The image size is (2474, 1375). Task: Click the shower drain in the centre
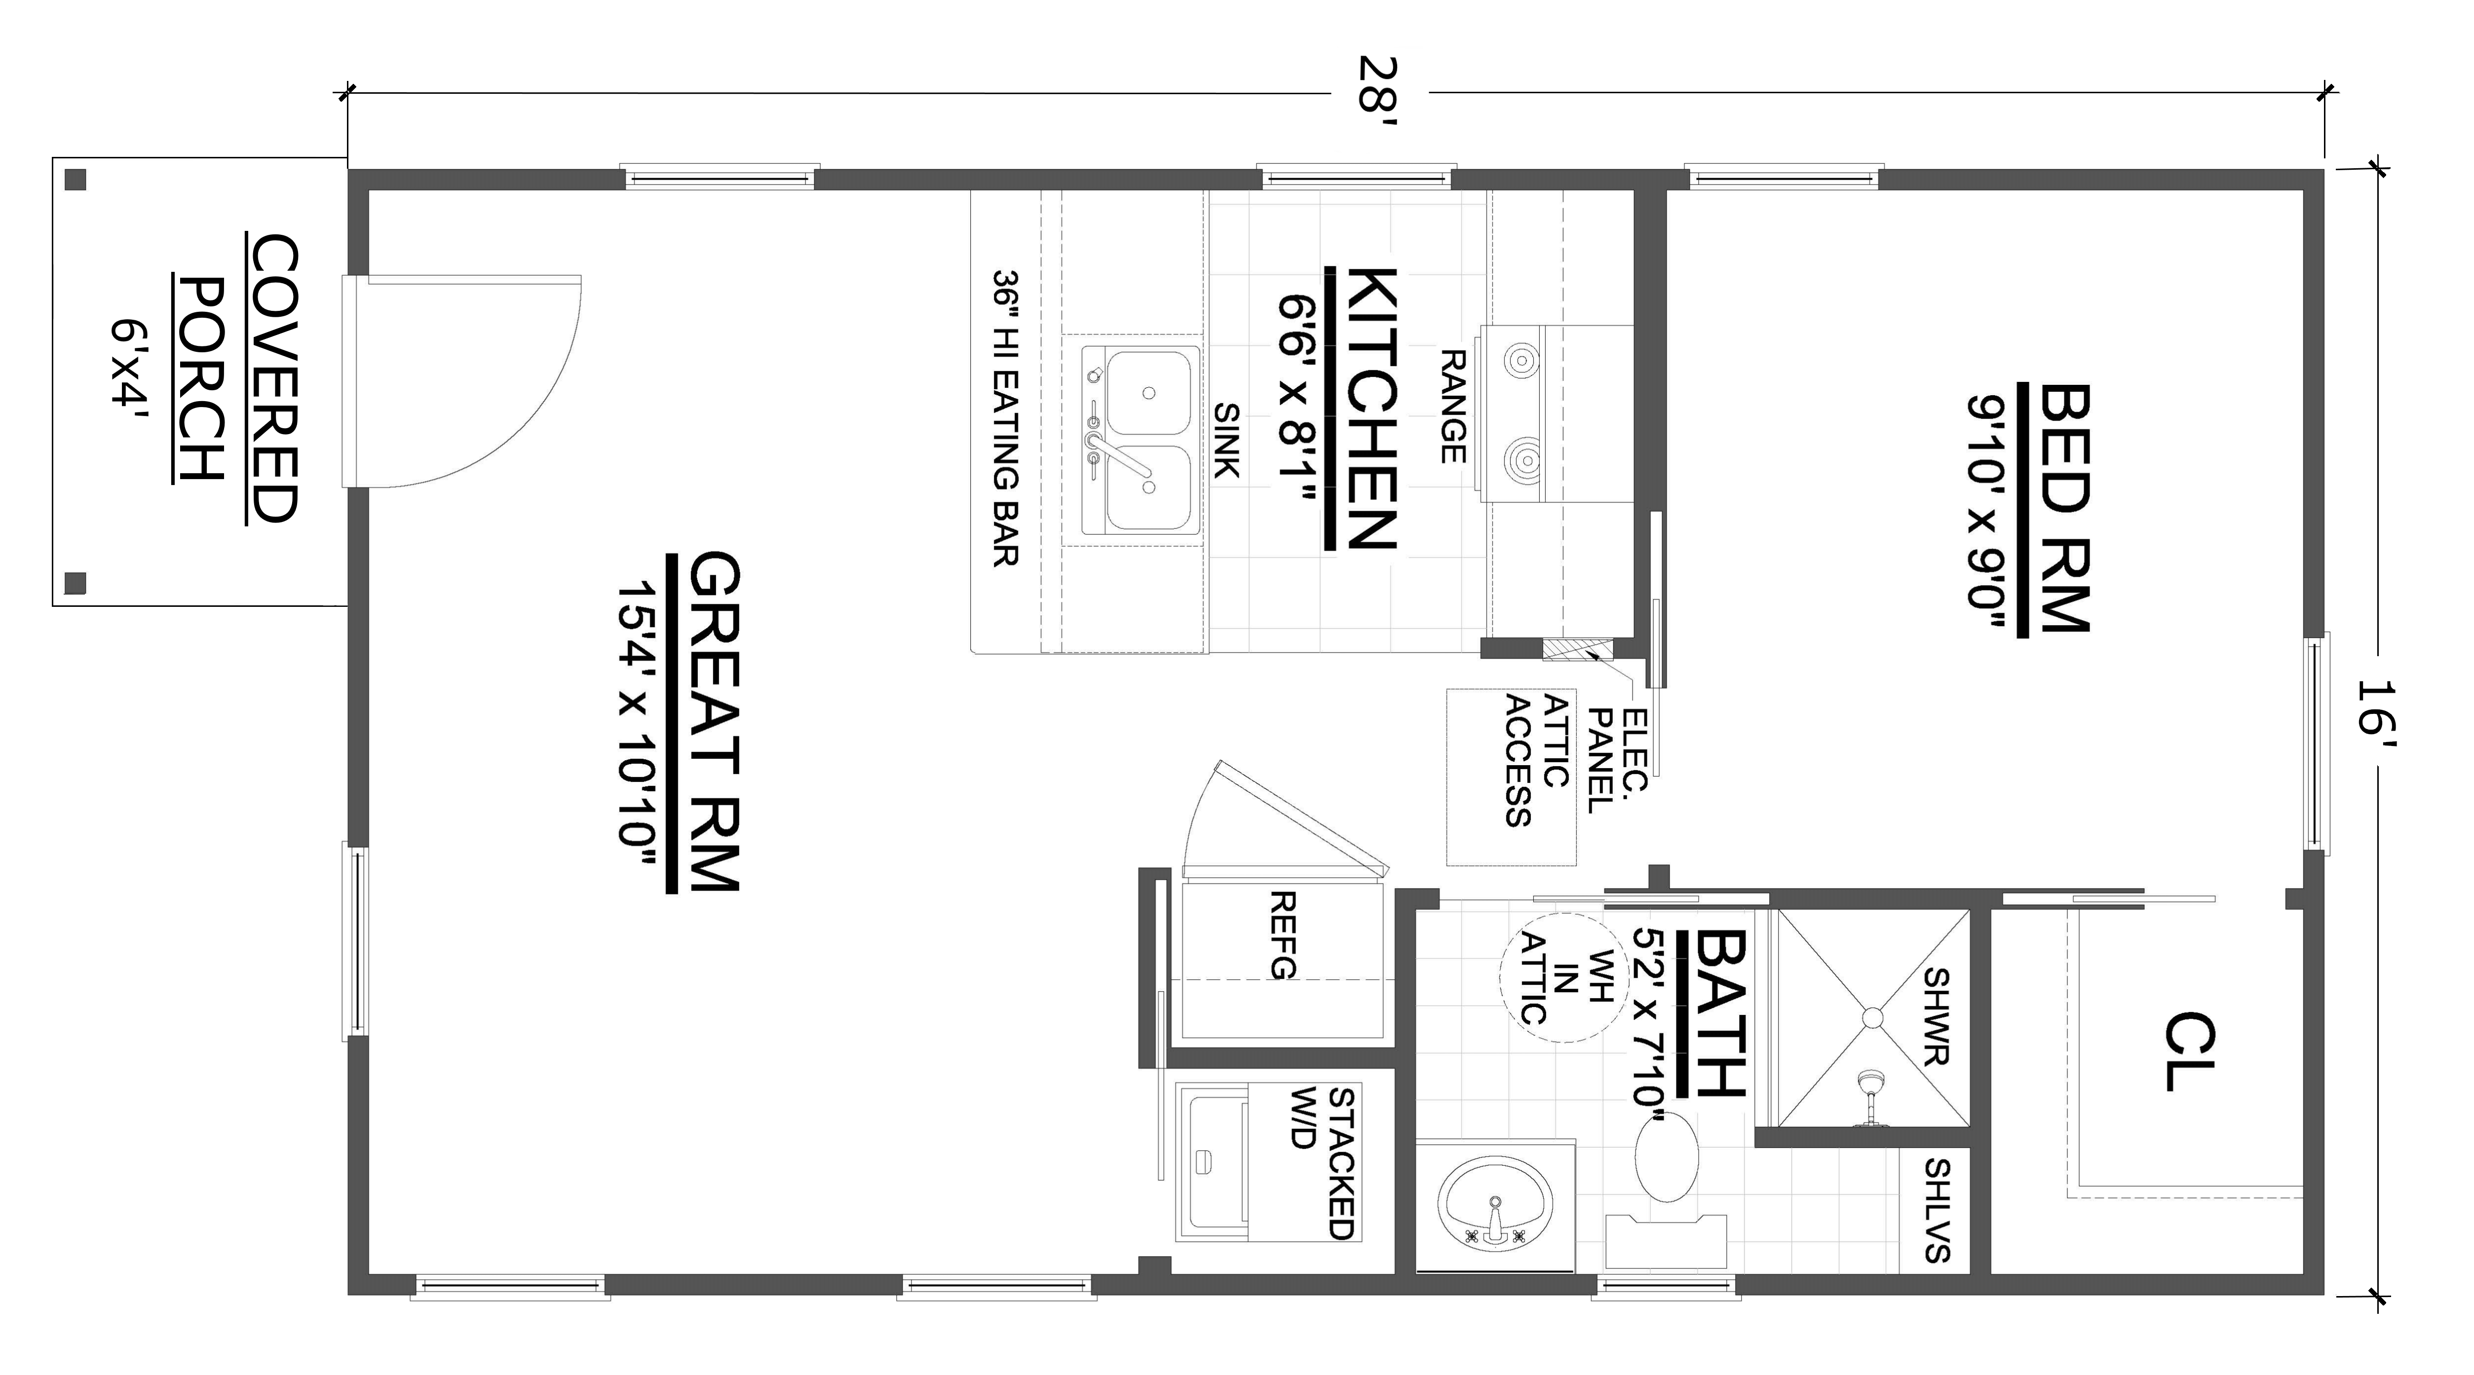coord(1873,1017)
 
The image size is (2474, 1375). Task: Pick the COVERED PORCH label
coord(237,377)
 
